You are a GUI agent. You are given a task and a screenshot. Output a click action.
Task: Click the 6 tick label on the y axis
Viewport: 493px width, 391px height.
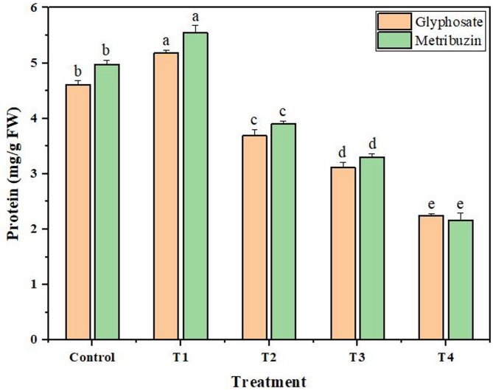click(43, 8)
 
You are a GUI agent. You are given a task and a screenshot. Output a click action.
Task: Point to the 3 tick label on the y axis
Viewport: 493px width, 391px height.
click(43, 174)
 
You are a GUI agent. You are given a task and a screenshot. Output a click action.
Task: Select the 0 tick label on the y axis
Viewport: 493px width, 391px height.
click(43, 339)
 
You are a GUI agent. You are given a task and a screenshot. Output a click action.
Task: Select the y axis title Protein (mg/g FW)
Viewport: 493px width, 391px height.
click(13, 174)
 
